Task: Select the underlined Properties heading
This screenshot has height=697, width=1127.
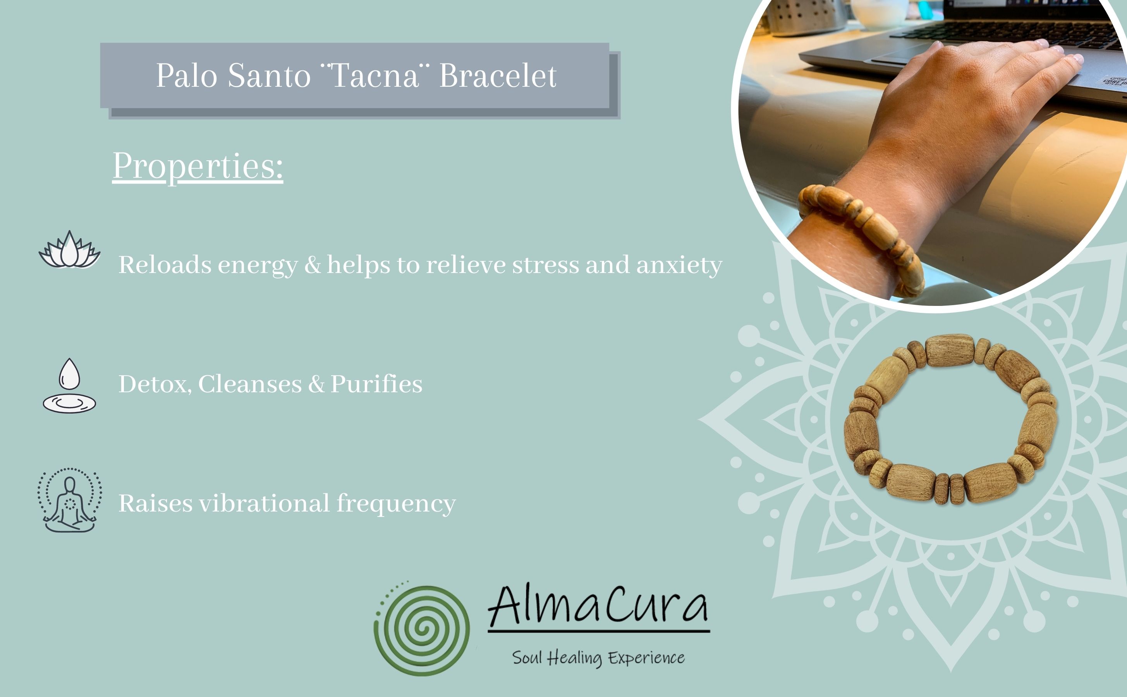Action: coord(198,167)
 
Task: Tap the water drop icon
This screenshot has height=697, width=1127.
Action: coord(69,385)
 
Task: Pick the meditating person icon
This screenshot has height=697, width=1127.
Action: coord(70,500)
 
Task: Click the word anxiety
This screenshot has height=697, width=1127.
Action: coord(679,266)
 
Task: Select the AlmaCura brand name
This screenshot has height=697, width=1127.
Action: coord(598,605)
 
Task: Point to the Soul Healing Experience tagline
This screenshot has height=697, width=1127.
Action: coord(598,658)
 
